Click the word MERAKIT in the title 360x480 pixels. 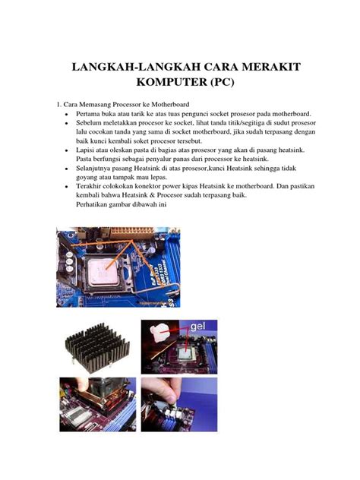[x=262, y=68]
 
